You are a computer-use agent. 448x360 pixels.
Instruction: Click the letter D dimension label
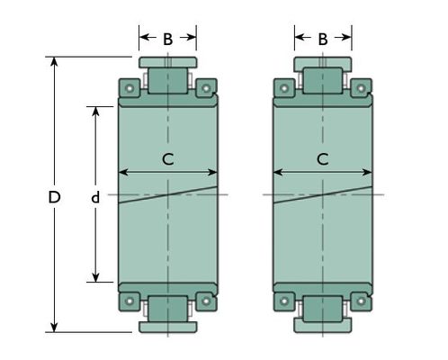(x=54, y=197)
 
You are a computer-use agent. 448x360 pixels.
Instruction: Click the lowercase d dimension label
(x=95, y=197)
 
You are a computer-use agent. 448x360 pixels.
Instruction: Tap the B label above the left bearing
(x=168, y=39)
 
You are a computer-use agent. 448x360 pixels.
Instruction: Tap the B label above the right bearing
(x=323, y=39)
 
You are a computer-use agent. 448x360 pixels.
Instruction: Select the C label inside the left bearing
(x=168, y=159)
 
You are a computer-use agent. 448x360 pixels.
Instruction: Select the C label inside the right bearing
(x=323, y=159)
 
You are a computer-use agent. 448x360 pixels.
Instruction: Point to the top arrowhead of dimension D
(x=54, y=61)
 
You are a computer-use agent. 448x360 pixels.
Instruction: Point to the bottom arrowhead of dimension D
(x=54, y=328)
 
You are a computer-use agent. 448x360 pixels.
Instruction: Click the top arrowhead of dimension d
(x=95, y=111)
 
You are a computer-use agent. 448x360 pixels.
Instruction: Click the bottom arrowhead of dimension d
(x=95, y=277)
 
